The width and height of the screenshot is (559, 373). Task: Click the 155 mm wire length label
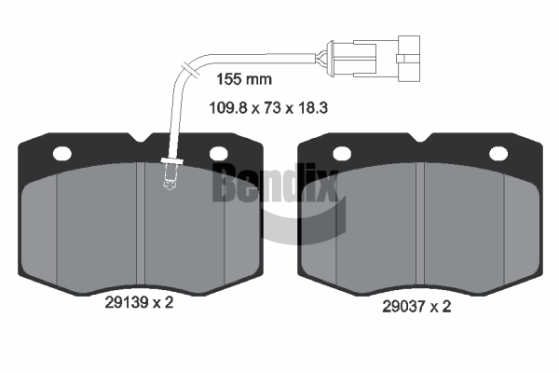click(x=244, y=79)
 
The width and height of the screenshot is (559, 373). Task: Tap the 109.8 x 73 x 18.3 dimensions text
click(x=268, y=108)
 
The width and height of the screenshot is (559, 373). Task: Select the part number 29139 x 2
click(x=139, y=303)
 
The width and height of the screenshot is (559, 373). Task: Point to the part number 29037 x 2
click(x=416, y=306)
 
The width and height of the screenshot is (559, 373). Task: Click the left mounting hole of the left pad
click(x=62, y=154)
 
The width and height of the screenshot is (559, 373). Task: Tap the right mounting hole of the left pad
click(x=219, y=154)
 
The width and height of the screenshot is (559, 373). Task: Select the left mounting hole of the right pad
click(x=342, y=154)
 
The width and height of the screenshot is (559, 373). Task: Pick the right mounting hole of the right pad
click(x=498, y=154)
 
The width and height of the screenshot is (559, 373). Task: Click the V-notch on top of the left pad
click(x=141, y=137)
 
